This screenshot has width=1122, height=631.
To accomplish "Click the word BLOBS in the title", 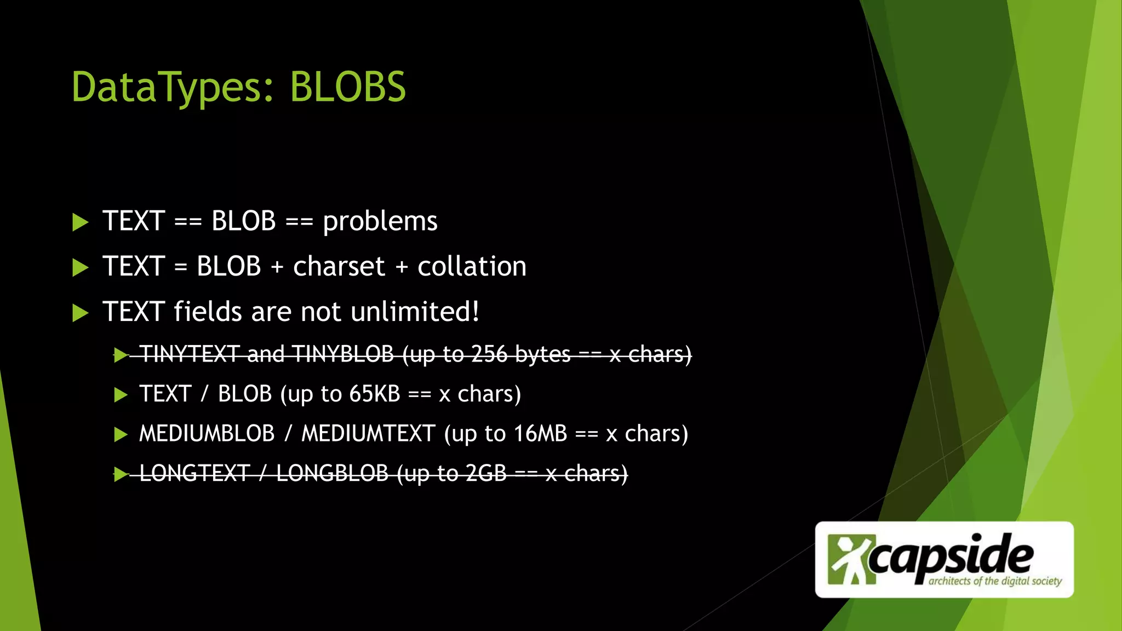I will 348,88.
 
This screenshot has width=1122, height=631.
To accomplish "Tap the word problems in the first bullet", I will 380,222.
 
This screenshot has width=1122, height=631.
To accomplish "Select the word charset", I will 339,267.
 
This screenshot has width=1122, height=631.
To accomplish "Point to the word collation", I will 472,267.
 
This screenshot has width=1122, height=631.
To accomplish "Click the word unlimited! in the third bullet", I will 415,312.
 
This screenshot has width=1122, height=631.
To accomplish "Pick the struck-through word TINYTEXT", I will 190,354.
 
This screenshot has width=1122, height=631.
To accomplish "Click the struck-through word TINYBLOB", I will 342,354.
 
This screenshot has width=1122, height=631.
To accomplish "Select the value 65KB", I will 375,394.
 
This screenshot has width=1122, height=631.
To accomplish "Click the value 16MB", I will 540,434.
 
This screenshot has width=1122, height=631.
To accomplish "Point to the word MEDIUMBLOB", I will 207,434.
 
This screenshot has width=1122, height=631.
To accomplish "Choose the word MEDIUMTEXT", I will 368,434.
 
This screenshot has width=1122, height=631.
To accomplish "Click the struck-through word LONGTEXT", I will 194,474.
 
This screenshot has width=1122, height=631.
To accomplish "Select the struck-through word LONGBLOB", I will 332,474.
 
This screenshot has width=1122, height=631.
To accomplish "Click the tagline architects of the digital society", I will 995,581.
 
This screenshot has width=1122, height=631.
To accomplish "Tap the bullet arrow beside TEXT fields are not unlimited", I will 81,313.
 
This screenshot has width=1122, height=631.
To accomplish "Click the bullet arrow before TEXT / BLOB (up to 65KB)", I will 121,395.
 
